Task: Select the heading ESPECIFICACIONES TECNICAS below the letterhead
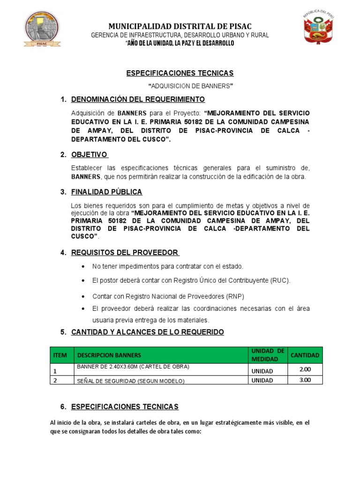point(180,74)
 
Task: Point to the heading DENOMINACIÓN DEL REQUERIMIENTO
point(138,99)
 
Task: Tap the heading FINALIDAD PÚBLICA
point(106,192)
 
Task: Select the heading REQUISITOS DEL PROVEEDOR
point(125,253)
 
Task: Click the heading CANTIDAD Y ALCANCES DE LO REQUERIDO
point(147,332)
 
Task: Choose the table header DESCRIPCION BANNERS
point(109,355)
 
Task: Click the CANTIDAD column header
point(305,355)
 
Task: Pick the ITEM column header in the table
point(60,355)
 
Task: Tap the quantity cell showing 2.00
point(305,369)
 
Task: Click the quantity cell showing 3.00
point(305,380)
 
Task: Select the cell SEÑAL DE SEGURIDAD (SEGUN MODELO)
point(131,381)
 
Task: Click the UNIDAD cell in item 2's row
point(262,381)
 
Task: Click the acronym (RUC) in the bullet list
point(280,280)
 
